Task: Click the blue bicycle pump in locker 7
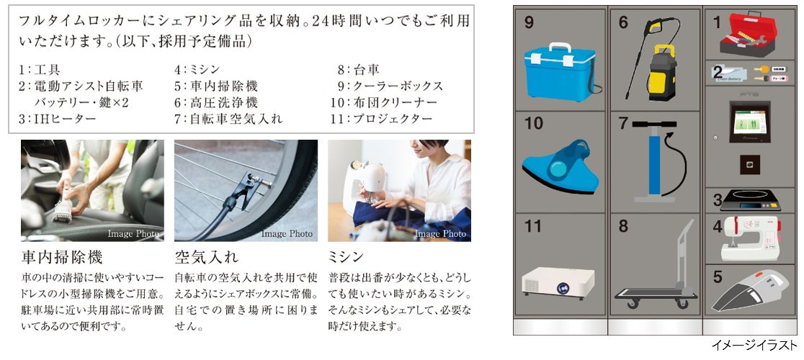click(x=655, y=161)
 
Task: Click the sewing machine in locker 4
click(x=750, y=238)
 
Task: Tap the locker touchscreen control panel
click(x=750, y=122)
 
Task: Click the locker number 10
click(x=533, y=123)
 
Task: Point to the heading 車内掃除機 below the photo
click(x=62, y=256)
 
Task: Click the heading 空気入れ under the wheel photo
click(x=206, y=256)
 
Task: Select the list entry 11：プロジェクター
click(x=382, y=120)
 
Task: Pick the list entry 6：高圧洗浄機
click(x=216, y=103)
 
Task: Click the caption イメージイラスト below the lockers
click(x=754, y=345)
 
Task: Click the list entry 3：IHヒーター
click(x=58, y=120)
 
